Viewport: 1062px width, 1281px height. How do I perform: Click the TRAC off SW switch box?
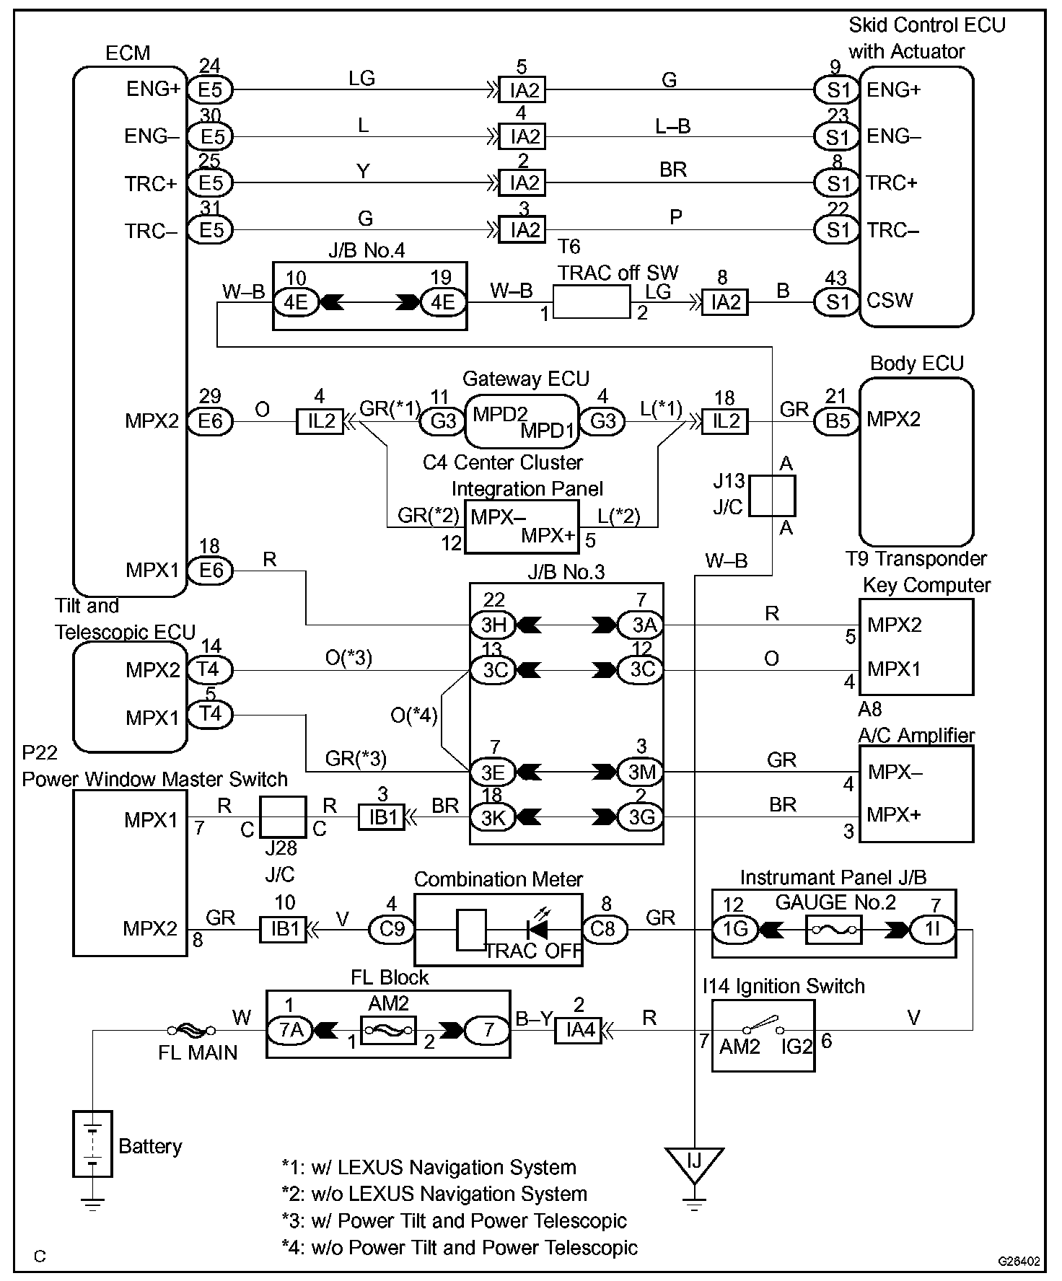click(x=591, y=301)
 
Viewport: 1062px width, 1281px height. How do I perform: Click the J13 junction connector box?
click(x=771, y=496)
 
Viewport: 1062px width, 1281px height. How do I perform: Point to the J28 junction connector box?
click(x=283, y=817)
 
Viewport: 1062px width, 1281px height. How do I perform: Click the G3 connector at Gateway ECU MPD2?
click(x=442, y=421)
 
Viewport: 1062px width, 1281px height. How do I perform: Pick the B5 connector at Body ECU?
click(x=837, y=421)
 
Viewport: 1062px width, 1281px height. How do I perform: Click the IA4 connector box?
click(x=578, y=1031)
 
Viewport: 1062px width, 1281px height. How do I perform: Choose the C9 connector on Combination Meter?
click(x=392, y=930)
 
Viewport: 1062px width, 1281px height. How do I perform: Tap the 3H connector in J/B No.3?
click(x=493, y=625)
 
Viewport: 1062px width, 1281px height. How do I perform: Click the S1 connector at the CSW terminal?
click(x=837, y=301)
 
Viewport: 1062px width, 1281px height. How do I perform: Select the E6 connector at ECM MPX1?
click(x=210, y=571)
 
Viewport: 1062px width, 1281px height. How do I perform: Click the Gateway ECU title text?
click(x=525, y=379)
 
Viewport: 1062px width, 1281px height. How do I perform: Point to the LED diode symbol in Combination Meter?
click(x=537, y=929)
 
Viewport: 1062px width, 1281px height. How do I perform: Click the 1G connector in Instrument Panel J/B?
click(x=735, y=930)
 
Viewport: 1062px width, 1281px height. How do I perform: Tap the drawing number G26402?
click(x=1019, y=1262)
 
